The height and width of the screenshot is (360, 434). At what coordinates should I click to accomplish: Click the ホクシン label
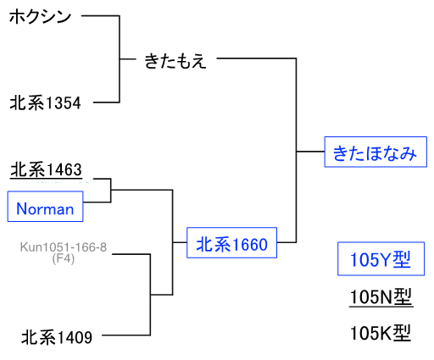tap(40, 16)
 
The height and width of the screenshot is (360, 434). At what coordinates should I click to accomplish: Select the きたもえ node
tap(175, 61)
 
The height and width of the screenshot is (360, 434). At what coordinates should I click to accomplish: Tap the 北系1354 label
tap(45, 102)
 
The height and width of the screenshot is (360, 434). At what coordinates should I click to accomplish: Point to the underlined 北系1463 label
tap(46, 170)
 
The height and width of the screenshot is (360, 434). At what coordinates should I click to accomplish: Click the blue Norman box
tap(45, 207)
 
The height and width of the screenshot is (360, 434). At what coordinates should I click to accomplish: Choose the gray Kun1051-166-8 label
tap(64, 247)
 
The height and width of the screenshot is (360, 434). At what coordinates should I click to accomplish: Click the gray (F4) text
tap(64, 258)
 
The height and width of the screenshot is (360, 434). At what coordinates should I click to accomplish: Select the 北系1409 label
tap(57, 337)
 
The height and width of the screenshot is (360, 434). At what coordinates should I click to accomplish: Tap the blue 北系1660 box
tap(231, 242)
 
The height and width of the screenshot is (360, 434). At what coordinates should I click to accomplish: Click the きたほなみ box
tap(376, 152)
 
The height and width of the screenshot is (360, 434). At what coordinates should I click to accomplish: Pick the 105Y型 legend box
tap(381, 258)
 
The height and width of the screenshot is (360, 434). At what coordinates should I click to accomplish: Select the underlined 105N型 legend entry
tap(381, 297)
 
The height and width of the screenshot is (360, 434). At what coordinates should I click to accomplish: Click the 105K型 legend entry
tap(381, 333)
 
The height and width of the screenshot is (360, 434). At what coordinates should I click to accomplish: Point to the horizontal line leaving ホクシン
tap(100, 16)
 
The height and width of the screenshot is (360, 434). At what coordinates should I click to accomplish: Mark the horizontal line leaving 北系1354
tap(106, 102)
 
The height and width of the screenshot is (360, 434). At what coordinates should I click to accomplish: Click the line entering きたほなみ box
tap(310, 152)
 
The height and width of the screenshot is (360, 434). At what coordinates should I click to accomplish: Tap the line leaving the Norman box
tap(97, 202)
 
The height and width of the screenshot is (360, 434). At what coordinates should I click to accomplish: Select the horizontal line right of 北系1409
tap(126, 335)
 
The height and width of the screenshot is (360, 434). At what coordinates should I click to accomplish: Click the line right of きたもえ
tap(257, 58)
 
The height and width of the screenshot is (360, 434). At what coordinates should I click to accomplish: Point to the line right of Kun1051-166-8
tap(131, 254)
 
